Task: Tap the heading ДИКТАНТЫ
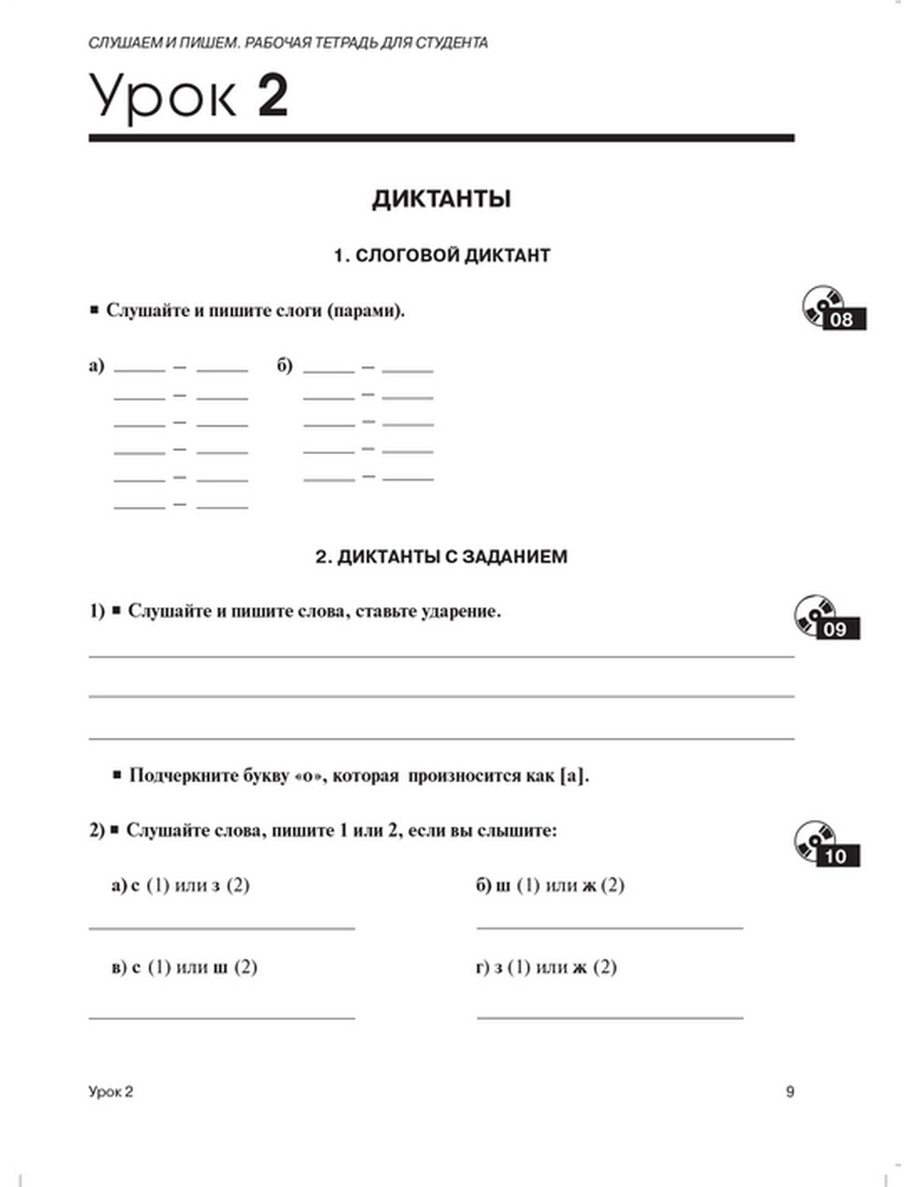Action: tap(441, 199)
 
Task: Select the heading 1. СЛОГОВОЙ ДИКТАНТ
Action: tap(442, 256)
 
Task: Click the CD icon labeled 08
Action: tap(833, 308)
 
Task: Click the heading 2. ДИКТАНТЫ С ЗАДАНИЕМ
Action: tap(441, 556)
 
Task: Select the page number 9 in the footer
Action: tap(790, 1091)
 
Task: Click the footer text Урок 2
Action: tap(110, 1091)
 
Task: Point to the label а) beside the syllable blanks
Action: tap(97, 366)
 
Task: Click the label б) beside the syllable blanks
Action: tap(285, 366)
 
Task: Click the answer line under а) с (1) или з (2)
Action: tap(222, 928)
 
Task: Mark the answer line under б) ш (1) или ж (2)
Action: tap(610, 927)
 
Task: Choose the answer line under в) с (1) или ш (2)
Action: tap(222, 1016)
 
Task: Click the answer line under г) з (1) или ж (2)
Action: tap(610, 1016)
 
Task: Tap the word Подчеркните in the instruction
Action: tap(183, 776)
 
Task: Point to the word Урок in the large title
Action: tap(163, 97)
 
